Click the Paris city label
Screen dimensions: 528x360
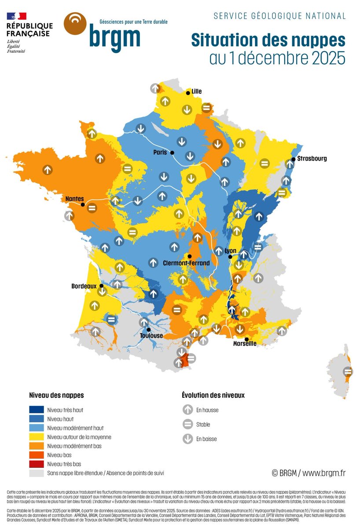161,153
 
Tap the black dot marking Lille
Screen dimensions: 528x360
188,93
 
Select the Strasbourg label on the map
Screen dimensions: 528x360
312,158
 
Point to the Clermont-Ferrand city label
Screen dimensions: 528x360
186,263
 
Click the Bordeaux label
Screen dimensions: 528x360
84,286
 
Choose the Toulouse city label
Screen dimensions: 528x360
151,336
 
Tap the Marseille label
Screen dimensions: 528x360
245,344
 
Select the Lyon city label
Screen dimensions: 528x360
231,251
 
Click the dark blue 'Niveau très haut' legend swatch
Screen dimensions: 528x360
37,410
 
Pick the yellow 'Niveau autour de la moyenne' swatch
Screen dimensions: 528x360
37,437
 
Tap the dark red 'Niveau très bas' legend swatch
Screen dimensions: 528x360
37,464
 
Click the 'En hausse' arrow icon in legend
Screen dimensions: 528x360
188,410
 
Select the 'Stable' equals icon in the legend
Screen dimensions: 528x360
188,425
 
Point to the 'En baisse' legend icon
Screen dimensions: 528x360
188,439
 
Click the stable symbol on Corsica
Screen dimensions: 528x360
348,372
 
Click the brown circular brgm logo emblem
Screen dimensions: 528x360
75,23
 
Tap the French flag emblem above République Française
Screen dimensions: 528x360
16,16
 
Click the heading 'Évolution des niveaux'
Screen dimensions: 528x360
213,395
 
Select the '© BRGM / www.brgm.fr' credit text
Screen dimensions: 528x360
308,473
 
